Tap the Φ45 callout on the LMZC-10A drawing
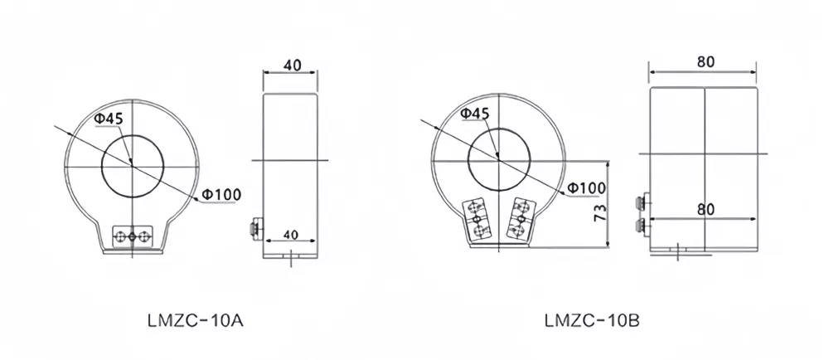[x=109, y=119]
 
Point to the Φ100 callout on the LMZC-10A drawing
[x=221, y=195]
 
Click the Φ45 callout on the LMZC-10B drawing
[x=473, y=113]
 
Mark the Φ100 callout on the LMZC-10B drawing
[x=585, y=189]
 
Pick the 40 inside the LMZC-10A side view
[x=289, y=235]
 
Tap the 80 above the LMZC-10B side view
[x=705, y=62]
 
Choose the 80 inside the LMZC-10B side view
[x=705, y=210]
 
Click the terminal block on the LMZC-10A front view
[x=132, y=236]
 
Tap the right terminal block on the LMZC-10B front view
[x=519, y=219]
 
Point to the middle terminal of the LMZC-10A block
[x=132, y=237]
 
